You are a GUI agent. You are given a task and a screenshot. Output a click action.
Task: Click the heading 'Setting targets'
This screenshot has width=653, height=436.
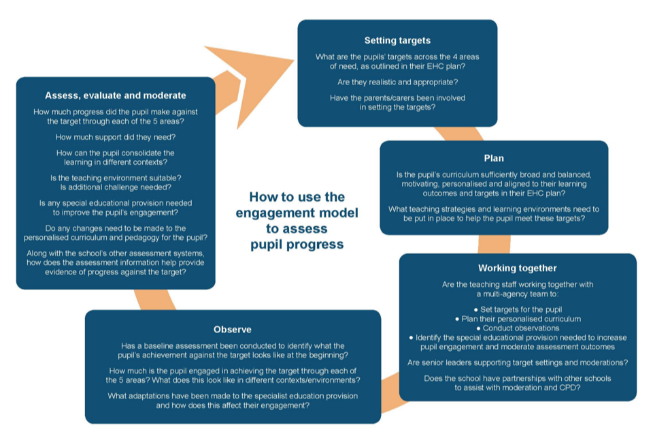(x=397, y=40)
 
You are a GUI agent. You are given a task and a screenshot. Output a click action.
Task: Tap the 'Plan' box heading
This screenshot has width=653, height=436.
(x=494, y=158)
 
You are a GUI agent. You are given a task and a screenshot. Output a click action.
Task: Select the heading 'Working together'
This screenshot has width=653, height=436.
(x=517, y=268)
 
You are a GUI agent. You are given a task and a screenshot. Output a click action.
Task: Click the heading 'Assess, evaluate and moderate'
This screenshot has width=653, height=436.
(x=116, y=95)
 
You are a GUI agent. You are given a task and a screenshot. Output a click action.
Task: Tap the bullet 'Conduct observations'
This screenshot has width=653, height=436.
(x=518, y=328)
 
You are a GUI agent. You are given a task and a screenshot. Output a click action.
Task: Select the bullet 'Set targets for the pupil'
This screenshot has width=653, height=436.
(x=517, y=309)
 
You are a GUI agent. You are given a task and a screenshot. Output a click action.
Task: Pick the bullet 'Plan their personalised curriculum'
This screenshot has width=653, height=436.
(x=517, y=319)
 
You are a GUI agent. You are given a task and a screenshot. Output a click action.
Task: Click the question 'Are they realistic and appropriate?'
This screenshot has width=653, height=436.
(x=397, y=82)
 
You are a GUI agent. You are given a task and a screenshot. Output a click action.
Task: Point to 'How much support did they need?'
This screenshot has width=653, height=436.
(x=116, y=137)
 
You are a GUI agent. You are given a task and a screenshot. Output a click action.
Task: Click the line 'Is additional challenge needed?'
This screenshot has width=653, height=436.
(x=116, y=187)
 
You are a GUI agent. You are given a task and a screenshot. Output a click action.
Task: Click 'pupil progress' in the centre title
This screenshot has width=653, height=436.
(x=297, y=243)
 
